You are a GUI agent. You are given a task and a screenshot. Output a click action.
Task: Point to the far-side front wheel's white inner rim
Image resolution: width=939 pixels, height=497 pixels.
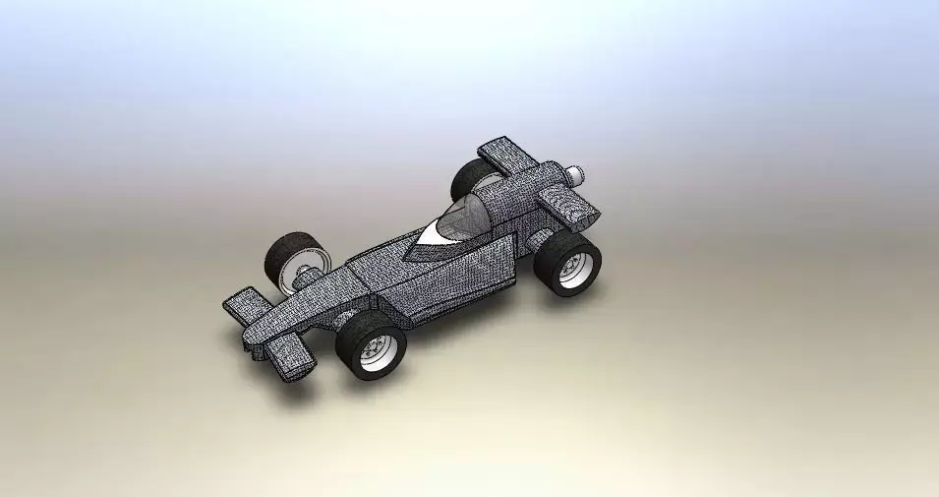point(296,268)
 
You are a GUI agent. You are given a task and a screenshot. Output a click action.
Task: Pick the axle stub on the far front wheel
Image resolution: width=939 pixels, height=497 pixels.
point(308,278)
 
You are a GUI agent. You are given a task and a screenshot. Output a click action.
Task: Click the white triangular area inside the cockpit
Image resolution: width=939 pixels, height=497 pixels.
point(433,235)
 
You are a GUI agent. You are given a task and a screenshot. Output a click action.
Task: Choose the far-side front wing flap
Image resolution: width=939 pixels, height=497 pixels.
point(241,304)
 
